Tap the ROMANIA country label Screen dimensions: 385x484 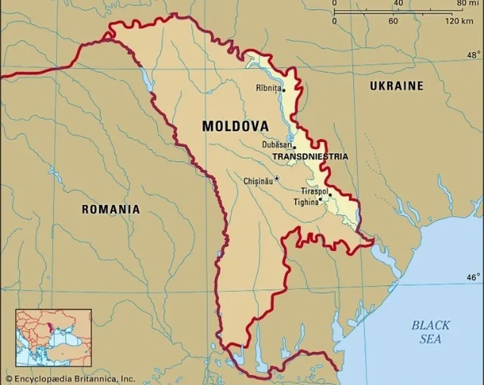[110, 209]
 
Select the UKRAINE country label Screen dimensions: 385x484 [396, 86]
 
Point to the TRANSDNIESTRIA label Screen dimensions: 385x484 [310, 157]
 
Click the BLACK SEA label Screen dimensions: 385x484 [430, 332]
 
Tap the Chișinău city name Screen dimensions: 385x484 [258, 181]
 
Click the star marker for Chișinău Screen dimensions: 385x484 [277, 179]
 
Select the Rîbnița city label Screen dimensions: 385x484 [268, 88]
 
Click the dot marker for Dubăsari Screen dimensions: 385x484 [294, 146]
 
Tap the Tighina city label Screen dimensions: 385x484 [306, 202]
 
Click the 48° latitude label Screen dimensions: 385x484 [473, 55]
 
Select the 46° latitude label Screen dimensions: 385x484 [473, 277]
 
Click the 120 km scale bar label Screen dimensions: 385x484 [459, 20]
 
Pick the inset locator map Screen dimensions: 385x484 [54, 337]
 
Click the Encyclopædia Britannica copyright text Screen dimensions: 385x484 [70, 378]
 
